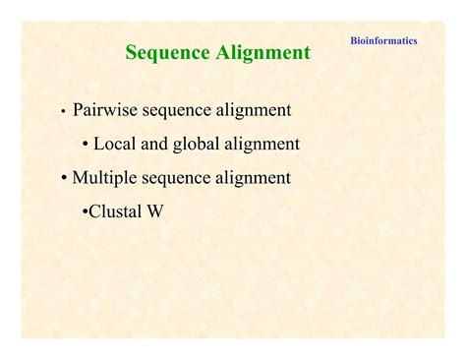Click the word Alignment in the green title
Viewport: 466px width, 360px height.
pos(263,53)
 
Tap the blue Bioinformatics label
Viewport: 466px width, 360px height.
pos(383,41)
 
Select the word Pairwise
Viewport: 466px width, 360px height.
pos(107,109)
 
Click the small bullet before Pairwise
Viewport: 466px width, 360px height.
pos(63,111)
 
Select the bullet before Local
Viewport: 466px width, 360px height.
pos(86,145)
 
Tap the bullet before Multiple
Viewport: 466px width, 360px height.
pos(64,179)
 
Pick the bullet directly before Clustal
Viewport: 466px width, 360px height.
pos(85,211)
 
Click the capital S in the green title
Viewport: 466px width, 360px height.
pos(132,53)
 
